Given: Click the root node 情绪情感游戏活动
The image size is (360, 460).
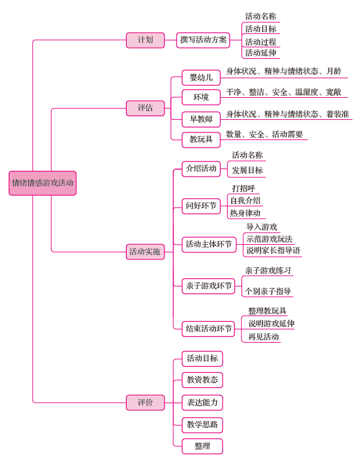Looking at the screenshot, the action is [42, 183].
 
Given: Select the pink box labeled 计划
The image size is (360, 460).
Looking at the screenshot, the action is [146, 40].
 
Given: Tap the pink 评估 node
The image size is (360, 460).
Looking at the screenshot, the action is [146, 108].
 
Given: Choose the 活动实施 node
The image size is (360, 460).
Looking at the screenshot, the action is [146, 252].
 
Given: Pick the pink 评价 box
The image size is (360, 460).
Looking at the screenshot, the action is [146, 403].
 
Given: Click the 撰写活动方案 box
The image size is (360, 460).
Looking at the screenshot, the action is [203, 40].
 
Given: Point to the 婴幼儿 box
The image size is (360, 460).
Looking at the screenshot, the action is [201, 78].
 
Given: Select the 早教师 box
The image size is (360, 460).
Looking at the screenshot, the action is [201, 119].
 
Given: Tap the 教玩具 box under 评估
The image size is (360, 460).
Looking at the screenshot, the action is [201, 139].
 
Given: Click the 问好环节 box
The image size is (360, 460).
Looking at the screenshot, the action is [201, 206].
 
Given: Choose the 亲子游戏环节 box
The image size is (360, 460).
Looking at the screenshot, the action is [209, 286].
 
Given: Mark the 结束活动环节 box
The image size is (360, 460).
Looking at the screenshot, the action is [208, 329].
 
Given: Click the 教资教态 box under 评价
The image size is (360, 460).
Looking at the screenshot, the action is [202, 380].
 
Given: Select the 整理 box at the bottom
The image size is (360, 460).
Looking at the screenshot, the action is [202, 446].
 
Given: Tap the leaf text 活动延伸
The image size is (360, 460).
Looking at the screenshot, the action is [260, 53].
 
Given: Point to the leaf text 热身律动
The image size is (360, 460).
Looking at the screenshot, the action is [245, 213].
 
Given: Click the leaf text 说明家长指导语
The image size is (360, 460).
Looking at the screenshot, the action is [273, 251].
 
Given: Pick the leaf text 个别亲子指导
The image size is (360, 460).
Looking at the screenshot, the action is [268, 292].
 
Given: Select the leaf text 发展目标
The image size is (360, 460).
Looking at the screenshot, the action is [247, 170].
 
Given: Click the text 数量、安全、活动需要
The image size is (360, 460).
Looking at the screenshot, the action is [264, 134].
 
